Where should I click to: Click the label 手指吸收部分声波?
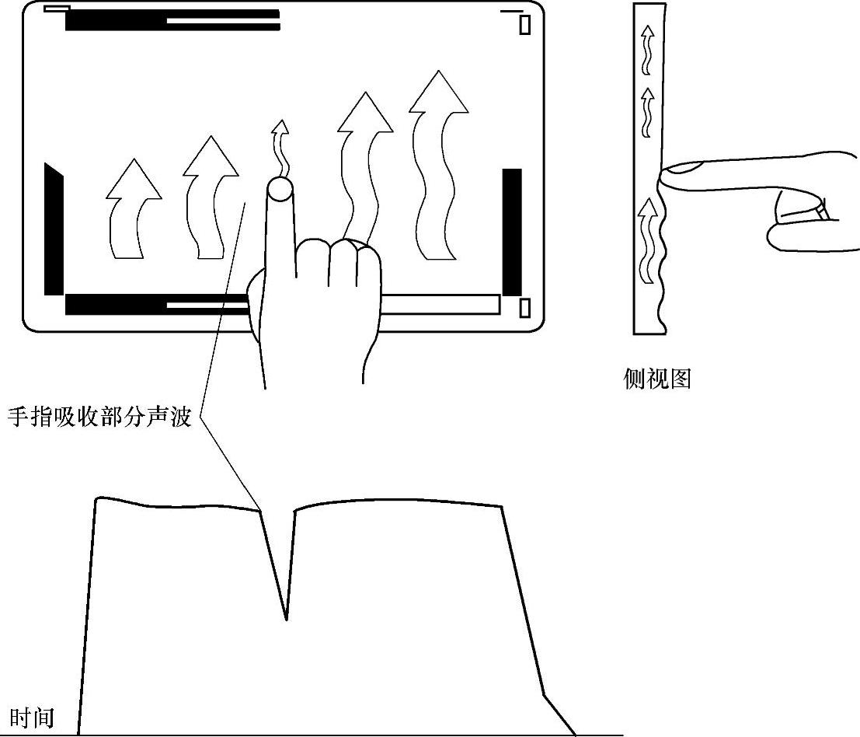[99, 417]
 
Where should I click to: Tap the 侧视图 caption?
[657, 379]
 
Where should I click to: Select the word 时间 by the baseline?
[32, 717]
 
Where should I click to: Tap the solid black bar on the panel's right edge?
[512, 232]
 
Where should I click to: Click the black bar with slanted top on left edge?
[54, 229]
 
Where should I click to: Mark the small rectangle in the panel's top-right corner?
[525, 25]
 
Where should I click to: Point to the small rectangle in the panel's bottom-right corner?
[524, 308]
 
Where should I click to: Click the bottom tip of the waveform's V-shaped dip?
[286, 619]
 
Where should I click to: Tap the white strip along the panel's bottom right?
[439, 304]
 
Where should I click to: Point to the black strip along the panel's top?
[172, 20]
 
